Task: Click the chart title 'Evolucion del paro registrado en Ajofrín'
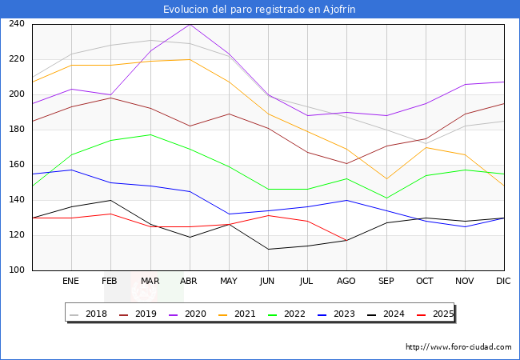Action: tap(259, 10)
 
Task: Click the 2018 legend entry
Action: tap(89, 314)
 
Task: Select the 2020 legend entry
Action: tap(188, 314)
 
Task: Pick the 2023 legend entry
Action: tap(337, 314)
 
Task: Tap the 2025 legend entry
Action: tap(435, 314)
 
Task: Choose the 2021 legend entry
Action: tap(238, 314)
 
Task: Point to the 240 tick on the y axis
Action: tap(17, 23)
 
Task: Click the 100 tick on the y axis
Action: tap(17, 270)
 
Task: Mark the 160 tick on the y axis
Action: tap(17, 165)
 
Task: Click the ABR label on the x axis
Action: tap(189, 281)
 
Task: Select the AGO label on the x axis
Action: tap(346, 281)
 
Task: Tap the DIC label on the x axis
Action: tap(503, 281)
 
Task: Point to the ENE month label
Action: tap(70, 281)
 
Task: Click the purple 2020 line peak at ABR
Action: tap(190, 24)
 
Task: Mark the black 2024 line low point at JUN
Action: tap(268, 250)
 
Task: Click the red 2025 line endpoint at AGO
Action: tap(347, 240)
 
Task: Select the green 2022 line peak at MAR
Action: tap(150, 134)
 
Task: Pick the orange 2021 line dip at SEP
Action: tap(386, 179)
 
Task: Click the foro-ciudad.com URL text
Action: tap(458, 347)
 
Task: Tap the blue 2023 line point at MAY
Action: tap(229, 214)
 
